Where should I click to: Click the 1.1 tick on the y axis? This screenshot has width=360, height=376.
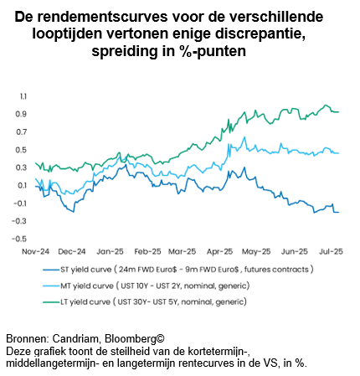click(x=23, y=96)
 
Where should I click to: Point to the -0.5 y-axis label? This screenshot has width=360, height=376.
click(x=19, y=239)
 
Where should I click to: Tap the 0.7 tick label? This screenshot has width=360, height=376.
click(x=22, y=132)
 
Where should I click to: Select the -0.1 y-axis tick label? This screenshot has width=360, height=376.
click(x=20, y=203)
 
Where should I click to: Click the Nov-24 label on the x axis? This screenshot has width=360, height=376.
click(x=35, y=251)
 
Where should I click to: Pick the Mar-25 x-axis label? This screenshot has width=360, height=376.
click(x=182, y=251)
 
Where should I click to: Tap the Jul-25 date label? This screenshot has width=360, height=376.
click(x=331, y=251)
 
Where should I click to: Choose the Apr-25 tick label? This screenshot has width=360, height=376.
click(x=219, y=251)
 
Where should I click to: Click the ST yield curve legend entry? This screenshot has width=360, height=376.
click(x=178, y=270)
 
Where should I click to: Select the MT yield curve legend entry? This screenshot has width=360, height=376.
click(x=146, y=286)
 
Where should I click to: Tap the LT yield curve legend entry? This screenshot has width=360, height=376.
click(x=145, y=302)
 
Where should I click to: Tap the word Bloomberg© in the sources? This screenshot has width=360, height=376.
click(x=135, y=339)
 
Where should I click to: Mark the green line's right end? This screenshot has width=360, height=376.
click(x=338, y=112)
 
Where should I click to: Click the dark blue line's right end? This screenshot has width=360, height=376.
click(x=338, y=212)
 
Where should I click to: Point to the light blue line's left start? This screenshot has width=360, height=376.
click(x=35, y=178)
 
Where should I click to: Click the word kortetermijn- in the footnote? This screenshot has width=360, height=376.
click(x=220, y=351)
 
